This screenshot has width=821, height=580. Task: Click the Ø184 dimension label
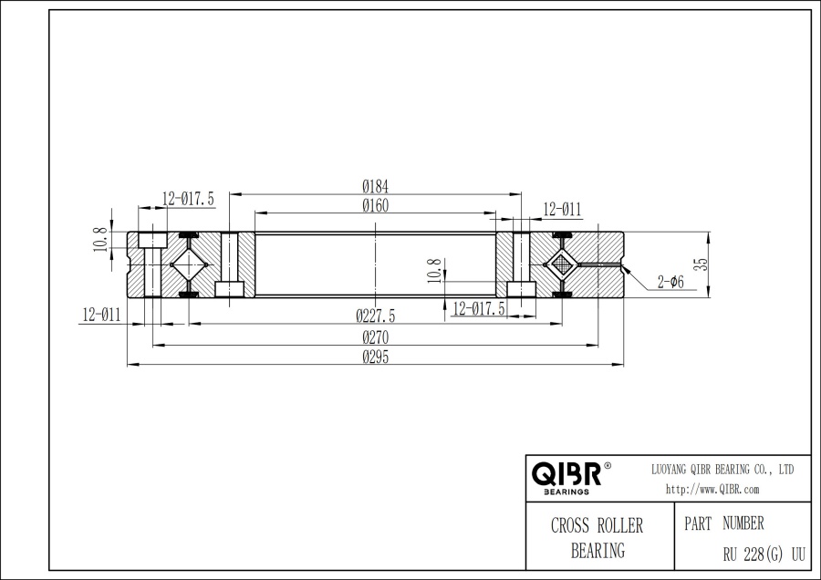click(x=376, y=186)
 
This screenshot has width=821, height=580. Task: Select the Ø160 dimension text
click(x=376, y=206)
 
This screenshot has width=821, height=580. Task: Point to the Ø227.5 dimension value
click(x=376, y=316)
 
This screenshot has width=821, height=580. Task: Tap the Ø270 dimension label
click(x=376, y=337)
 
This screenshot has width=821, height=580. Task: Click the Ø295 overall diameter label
click(x=376, y=357)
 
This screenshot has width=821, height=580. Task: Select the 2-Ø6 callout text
click(x=670, y=282)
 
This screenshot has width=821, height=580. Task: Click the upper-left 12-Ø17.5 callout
click(x=188, y=199)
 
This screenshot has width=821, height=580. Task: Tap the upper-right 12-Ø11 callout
click(x=562, y=210)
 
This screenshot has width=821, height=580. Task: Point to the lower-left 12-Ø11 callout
click(x=101, y=316)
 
